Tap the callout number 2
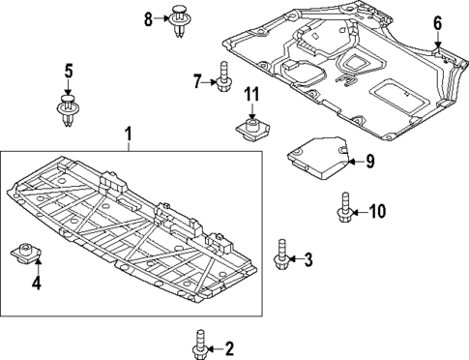(229, 347)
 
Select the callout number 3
(308, 259)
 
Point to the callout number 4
(36, 284)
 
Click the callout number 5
(68, 70)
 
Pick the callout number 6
(437, 22)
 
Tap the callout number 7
(196, 81)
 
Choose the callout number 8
(149, 18)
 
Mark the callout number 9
(368, 162)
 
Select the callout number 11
(251, 94)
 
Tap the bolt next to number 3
(281, 255)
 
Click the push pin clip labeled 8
(179, 21)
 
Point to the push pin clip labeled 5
(68, 109)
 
